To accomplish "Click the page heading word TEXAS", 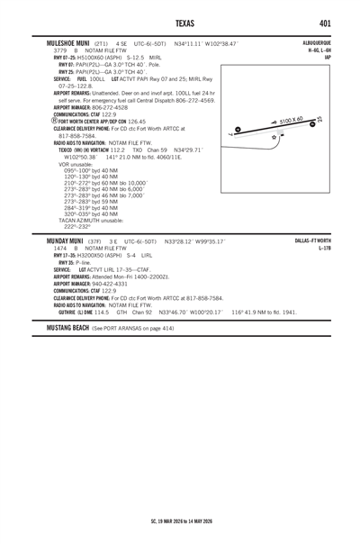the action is [x=179, y=23].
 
